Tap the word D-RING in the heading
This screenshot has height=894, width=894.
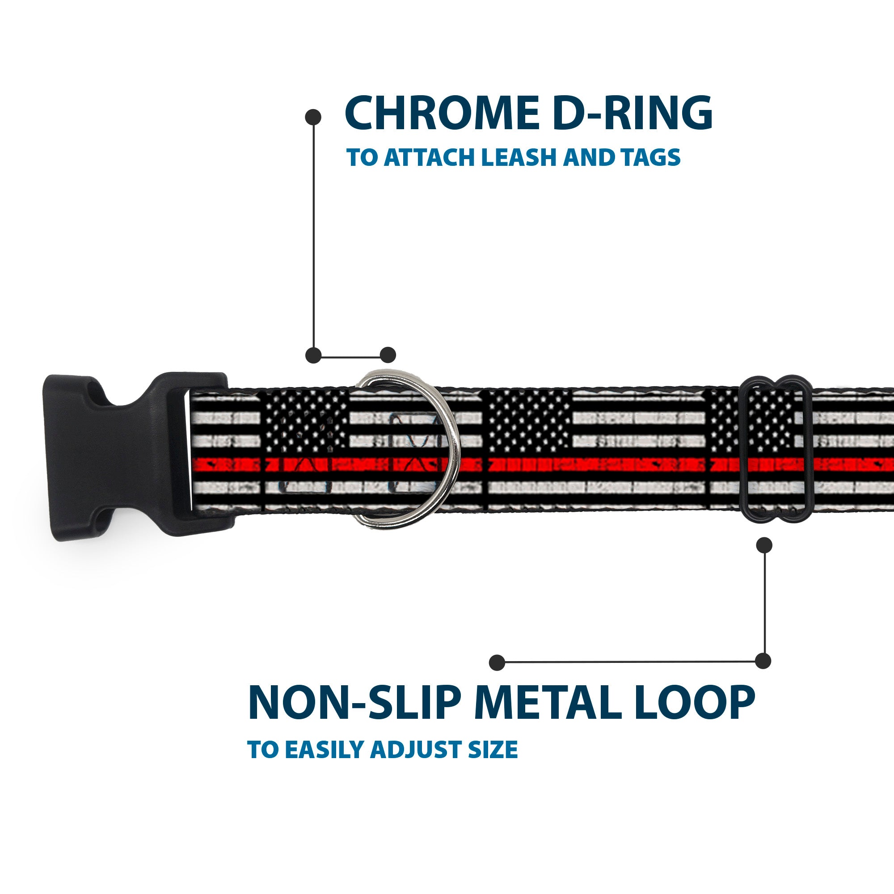tap(632, 114)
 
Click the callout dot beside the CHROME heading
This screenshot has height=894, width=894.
tap(313, 117)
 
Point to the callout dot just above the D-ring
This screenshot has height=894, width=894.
tap(388, 355)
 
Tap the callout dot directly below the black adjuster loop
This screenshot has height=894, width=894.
tap(764, 544)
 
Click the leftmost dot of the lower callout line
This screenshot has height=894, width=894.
tap(497, 662)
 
